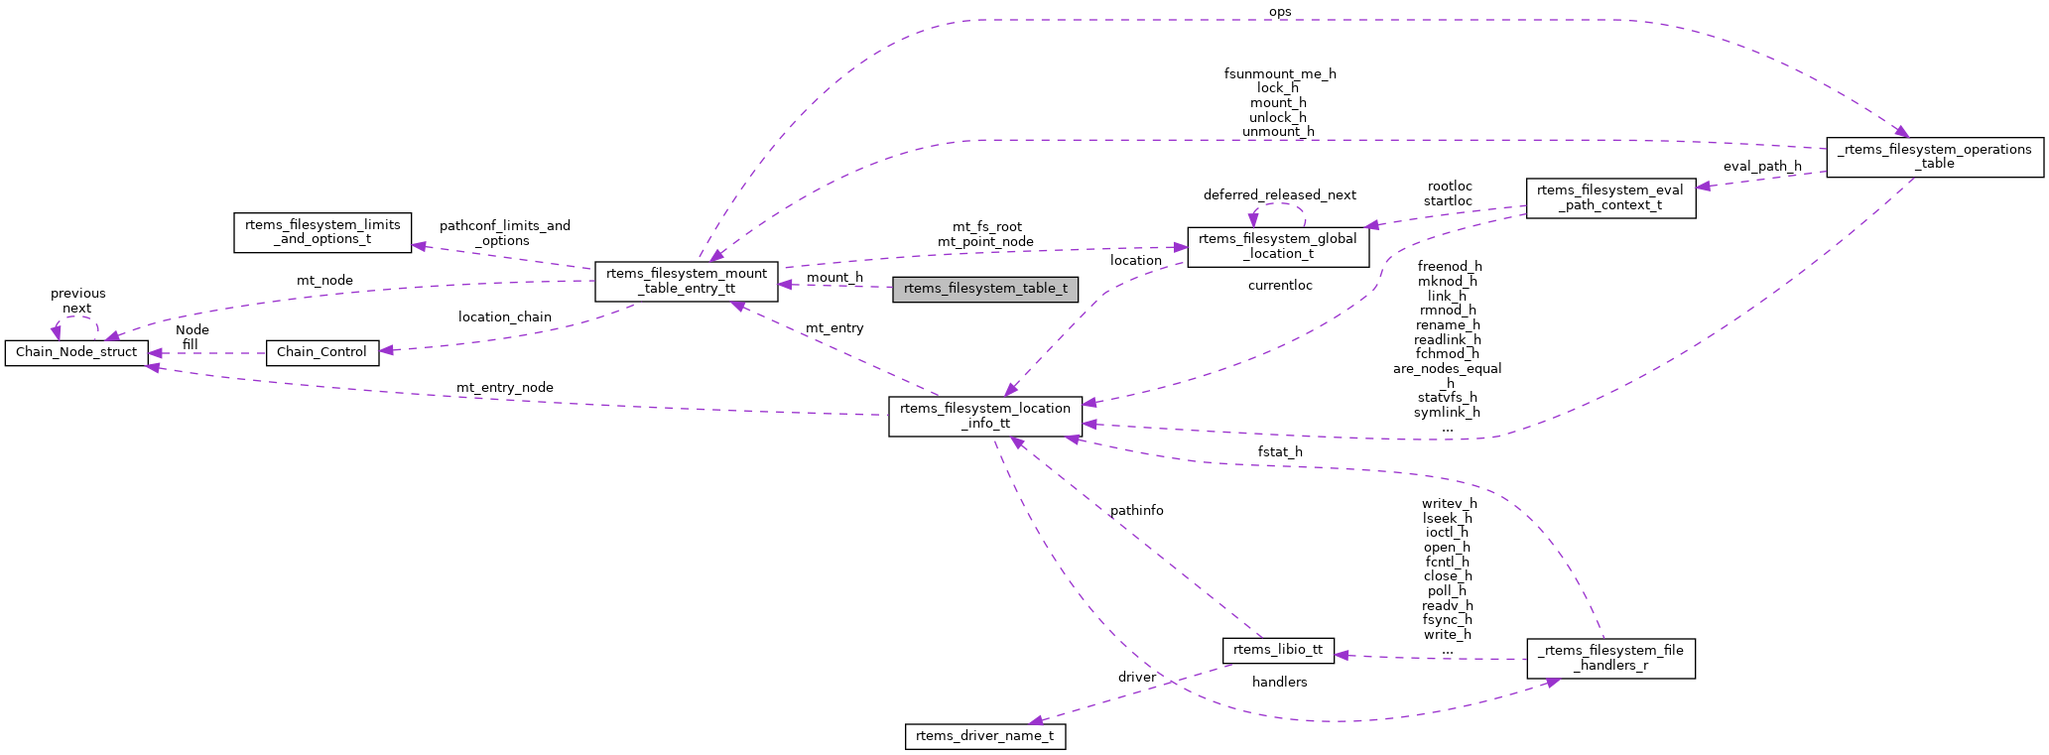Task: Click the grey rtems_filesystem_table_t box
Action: tap(984, 289)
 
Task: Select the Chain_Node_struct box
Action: tap(76, 352)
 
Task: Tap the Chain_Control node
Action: tap(321, 352)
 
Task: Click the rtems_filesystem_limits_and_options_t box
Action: tap(321, 232)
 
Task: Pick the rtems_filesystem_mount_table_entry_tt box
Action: tap(686, 281)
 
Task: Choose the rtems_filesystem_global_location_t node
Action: tap(1277, 246)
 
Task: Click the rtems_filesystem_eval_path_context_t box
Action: tap(1609, 198)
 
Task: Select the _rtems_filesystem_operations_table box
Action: tap(1934, 157)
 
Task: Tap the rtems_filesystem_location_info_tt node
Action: tap(985, 416)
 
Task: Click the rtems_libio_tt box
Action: tap(1277, 650)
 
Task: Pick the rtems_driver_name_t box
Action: tap(984, 736)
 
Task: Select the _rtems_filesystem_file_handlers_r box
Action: tap(1609, 658)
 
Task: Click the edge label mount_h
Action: tap(834, 278)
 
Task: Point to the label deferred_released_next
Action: tap(1279, 195)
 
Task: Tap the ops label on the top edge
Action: tap(1279, 12)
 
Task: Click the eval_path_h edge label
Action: tap(1762, 167)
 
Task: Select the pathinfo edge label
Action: tap(1136, 510)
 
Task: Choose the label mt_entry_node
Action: tap(504, 388)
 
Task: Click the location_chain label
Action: tap(504, 317)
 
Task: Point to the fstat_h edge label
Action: tap(1279, 452)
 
